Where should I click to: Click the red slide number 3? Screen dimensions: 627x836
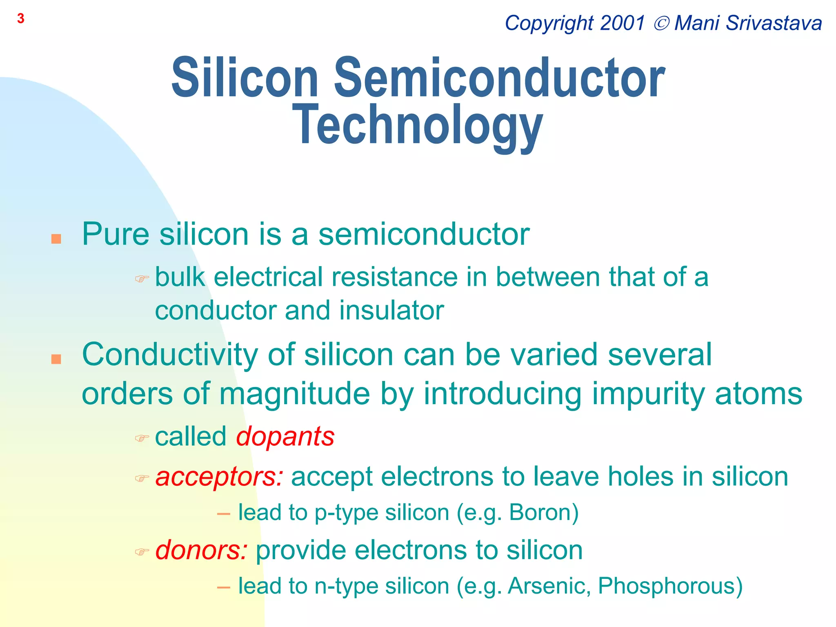pyautogui.click(x=21, y=19)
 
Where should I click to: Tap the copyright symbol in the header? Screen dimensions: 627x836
pyautogui.click(x=661, y=23)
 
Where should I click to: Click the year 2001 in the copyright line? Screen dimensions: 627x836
pyautogui.click(x=623, y=23)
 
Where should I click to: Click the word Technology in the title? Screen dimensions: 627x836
pyautogui.click(x=418, y=125)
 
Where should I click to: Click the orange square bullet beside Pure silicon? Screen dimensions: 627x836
pyautogui.click(x=56, y=239)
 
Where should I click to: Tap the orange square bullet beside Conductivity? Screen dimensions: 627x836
pyautogui.click(x=56, y=359)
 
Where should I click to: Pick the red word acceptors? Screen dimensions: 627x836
pyautogui.click(x=219, y=477)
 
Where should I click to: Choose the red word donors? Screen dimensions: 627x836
pyautogui.click(x=201, y=550)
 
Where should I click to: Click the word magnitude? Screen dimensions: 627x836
pyautogui.click(x=295, y=394)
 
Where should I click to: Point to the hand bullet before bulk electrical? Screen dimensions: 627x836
pyautogui.click(x=142, y=279)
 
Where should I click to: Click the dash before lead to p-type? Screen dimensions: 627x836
pyautogui.click(x=224, y=514)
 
